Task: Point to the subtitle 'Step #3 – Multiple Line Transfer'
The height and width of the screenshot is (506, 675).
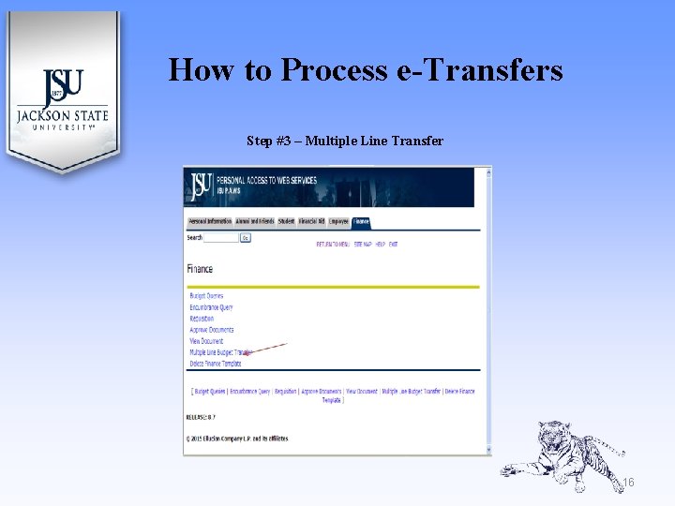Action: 344,141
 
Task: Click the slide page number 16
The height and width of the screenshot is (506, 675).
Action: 629,483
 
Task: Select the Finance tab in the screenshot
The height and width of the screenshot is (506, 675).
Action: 361,222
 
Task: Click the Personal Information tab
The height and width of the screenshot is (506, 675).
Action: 210,222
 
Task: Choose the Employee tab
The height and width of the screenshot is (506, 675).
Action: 338,222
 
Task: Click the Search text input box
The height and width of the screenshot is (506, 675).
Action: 221,238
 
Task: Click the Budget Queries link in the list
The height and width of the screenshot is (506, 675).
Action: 206,296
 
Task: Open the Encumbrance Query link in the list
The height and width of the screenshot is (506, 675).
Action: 211,307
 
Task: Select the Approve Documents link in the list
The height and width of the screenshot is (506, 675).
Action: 212,330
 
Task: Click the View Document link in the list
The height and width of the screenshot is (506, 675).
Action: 206,341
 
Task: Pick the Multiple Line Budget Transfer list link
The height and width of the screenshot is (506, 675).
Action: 220,352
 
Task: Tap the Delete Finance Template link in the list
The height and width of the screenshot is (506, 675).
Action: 216,364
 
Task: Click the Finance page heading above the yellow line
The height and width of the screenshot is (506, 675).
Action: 200,270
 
